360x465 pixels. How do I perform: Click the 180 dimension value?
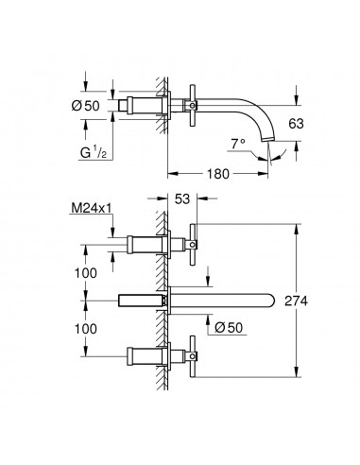tap(218, 174)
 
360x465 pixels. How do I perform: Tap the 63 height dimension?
tap(296, 124)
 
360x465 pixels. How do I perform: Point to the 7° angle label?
tap(238, 144)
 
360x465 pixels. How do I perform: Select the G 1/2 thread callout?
tap(94, 153)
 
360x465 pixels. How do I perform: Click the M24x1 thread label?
tap(92, 208)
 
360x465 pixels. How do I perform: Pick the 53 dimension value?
tap(182, 198)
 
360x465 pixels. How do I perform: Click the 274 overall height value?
tap(296, 301)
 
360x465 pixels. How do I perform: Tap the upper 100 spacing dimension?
tap(86, 273)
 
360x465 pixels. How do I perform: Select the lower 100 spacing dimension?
tap(86, 329)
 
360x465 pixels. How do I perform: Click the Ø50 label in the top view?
tap(85, 106)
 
